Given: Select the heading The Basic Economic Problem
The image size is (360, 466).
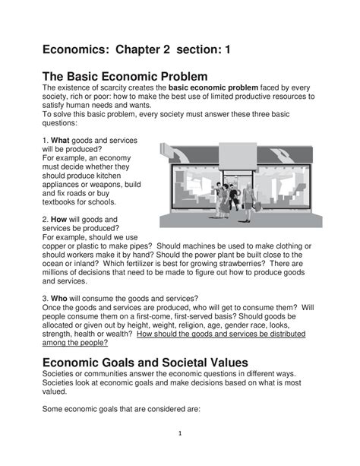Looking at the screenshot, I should point(123,76).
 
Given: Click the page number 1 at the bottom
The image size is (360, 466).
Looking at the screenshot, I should point(179,434).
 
